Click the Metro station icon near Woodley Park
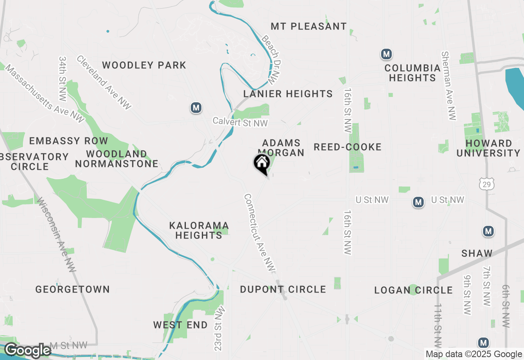click(196, 108)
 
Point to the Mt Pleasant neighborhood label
click(309, 27)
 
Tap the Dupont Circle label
click(283, 290)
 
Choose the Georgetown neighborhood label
click(72, 290)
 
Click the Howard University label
click(488, 148)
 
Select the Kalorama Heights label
click(199, 230)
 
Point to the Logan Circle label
click(413, 290)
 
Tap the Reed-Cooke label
click(348, 147)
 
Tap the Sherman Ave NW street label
click(449, 86)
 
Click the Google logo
click(27, 351)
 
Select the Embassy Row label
click(69, 141)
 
